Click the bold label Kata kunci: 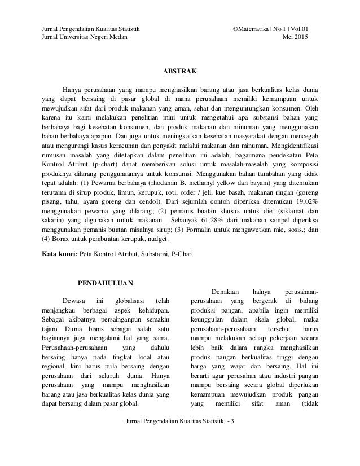(62, 254)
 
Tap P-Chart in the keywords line (181, 254)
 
